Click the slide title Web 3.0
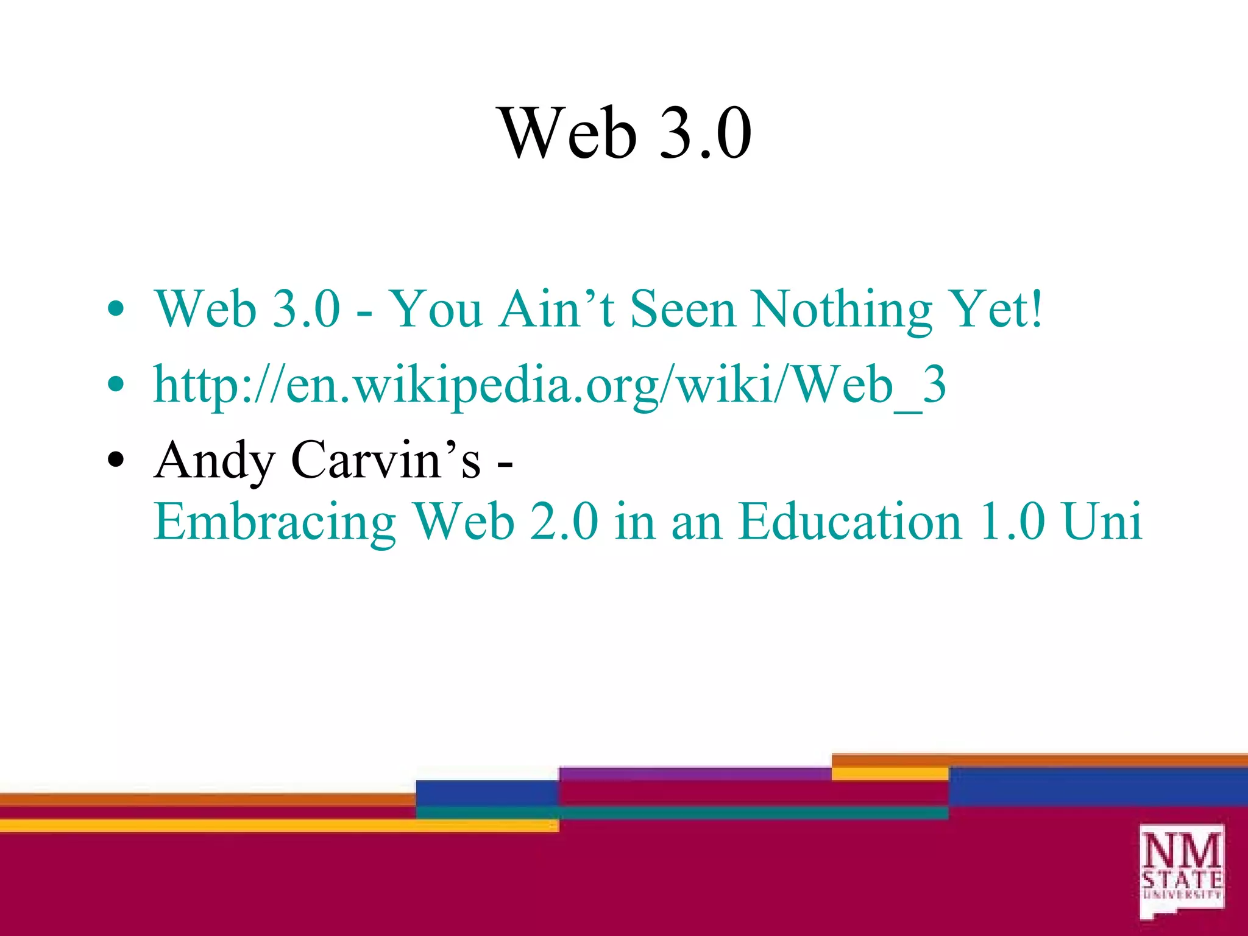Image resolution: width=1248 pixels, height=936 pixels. click(x=626, y=133)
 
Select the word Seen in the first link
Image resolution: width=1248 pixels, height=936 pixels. click(x=682, y=310)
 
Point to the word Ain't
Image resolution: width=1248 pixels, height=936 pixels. click(x=556, y=310)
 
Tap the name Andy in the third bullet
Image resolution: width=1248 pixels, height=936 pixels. click(x=214, y=461)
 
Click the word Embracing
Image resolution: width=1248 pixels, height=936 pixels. click(x=275, y=522)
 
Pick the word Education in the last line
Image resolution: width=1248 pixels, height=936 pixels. click(x=850, y=522)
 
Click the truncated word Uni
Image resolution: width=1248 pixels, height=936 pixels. click(x=1102, y=522)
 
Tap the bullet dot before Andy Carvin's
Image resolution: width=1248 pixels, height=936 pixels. click(x=115, y=461)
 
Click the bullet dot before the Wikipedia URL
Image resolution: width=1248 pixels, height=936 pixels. click(x=115, y=385)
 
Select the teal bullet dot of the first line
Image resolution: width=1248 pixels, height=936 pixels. click(x=115, y=310)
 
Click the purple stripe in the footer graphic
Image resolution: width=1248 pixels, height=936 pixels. click(x=695, y=773)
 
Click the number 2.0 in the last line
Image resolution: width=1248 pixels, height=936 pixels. click(x=564, y=522)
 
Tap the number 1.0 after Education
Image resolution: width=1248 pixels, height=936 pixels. click(x=1012, y=522)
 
